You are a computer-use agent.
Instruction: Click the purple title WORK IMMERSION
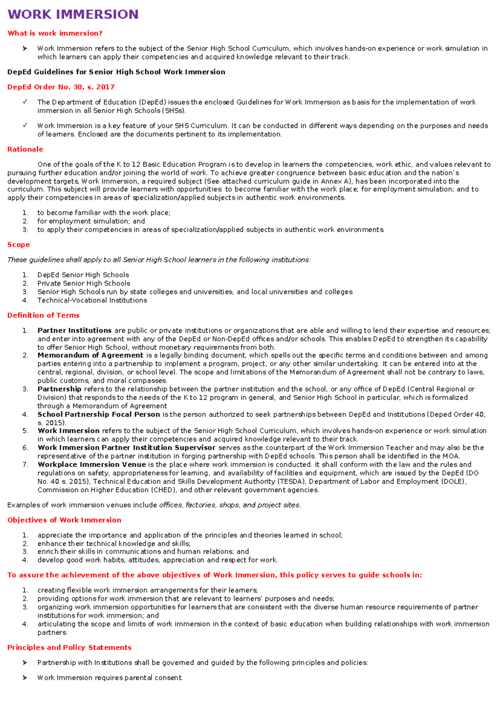[73, 14]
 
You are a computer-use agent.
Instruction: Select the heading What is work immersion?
[55, 33]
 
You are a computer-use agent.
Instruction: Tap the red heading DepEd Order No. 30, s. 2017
[61, 87]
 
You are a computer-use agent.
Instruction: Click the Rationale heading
[25, 149]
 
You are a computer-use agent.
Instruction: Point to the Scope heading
[18, 245]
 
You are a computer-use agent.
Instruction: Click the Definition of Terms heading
[43, 315]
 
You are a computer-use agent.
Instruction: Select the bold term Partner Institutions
[74, 331]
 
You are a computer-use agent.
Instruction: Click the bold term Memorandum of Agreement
[90, 355]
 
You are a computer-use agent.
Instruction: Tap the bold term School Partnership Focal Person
[98, 415]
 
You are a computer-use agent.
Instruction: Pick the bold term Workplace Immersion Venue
[91, 465]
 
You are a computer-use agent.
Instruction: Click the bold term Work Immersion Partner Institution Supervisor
[126, 448]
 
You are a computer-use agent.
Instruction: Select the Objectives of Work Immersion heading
[64, 520]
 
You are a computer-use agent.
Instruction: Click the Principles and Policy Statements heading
[69, 647]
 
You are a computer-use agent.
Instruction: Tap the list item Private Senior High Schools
[84, 283]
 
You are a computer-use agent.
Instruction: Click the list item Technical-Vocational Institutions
[92, 300]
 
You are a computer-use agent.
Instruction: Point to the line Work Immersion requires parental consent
[110, 678]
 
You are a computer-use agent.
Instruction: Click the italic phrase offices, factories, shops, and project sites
[229, 505]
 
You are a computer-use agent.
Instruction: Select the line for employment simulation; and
[91, 221]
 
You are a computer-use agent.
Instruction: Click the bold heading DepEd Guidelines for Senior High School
[116, 72]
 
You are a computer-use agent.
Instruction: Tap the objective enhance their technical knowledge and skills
[114, 543]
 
